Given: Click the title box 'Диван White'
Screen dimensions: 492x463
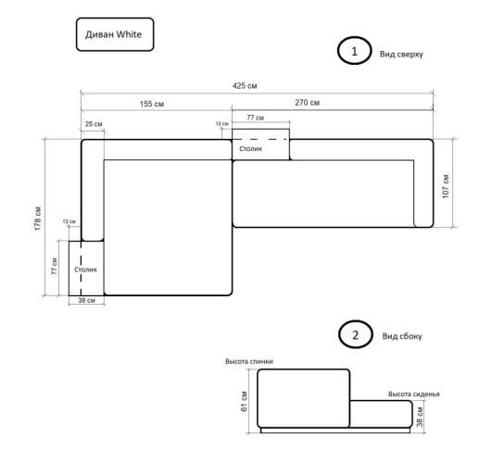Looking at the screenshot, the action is [115, 34].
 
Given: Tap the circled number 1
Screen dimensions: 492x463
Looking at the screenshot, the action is [354, 51].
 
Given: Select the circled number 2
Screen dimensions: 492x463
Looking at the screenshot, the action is [356, 334].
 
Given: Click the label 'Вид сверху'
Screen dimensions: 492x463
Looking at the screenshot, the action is [401, 54].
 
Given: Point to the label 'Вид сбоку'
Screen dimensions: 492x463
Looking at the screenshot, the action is [402, 336].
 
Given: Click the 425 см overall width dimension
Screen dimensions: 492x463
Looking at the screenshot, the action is [245, 85].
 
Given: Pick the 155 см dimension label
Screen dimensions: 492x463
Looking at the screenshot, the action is [152, 104].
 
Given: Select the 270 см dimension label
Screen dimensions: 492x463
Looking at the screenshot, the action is [308, 103].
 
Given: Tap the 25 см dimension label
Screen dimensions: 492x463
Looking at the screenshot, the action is [94, 124].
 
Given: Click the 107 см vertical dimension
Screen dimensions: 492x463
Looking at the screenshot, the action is [446, 186].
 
